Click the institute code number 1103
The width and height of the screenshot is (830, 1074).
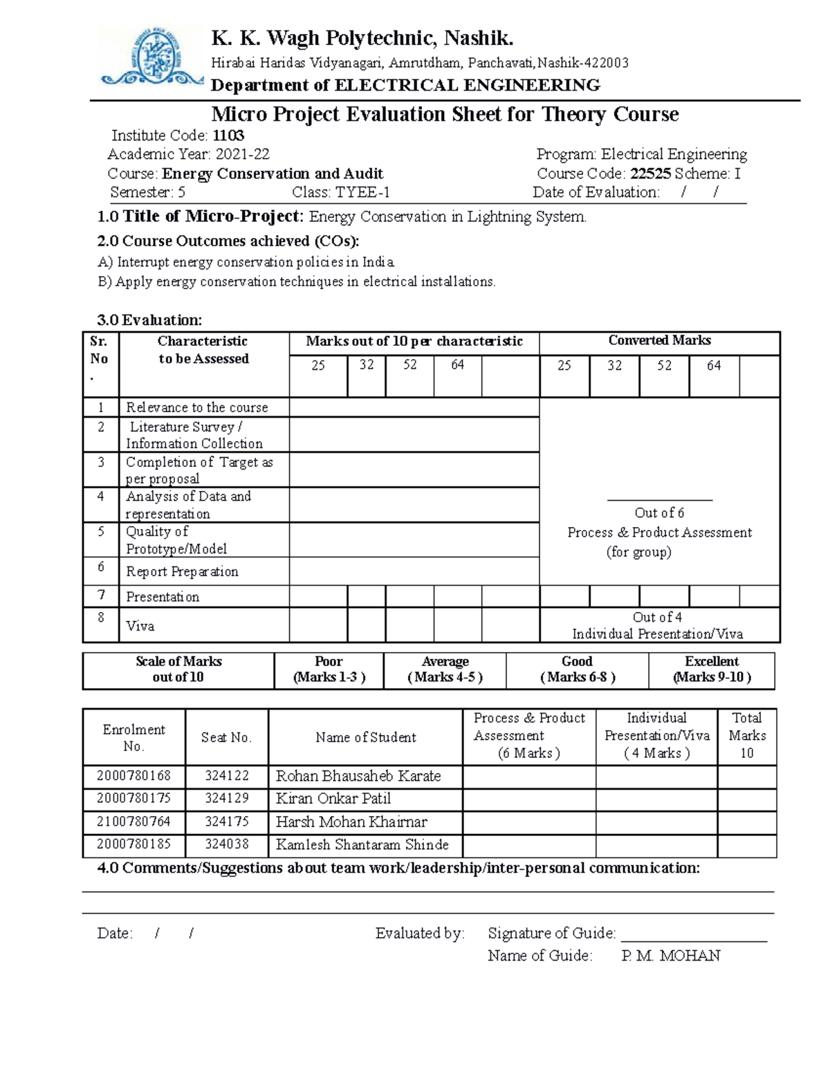[x=228, y=136]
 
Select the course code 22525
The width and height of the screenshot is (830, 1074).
[x=650, y=174]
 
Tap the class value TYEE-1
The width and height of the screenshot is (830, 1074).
[x=362, y=192]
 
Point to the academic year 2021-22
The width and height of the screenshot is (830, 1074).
[x=242, y=154]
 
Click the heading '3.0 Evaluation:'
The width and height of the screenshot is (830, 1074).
[x=149, y=320]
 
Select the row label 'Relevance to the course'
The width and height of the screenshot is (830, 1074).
[x=196, y=407]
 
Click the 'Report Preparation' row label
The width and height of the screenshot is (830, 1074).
[x=182, y=572]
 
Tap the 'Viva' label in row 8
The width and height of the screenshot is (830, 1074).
[x=140, y=627]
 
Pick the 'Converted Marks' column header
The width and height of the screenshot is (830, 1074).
[x=659, y=341]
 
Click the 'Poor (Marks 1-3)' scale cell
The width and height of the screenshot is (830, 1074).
[x=329, y=669]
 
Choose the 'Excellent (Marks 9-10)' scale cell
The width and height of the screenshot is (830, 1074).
[x=712, y=669]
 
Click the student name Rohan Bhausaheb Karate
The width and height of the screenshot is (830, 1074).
[x=358, y=776]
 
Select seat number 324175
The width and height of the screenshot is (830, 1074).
[x=226, y=822]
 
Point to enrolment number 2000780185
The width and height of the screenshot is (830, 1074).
[x=133, y=844]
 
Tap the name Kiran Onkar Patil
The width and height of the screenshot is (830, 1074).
[x=333, y=799]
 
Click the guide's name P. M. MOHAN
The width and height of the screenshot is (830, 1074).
[x=670, y=956]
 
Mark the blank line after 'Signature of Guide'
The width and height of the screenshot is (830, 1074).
[x=694, y=935]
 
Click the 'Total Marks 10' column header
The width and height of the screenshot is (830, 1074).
[x=747, y=736]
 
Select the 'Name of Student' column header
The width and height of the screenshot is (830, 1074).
[x=365, y=738]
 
